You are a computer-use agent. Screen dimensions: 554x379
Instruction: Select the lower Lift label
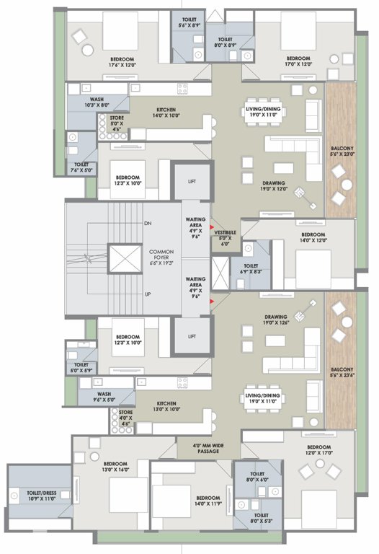192,336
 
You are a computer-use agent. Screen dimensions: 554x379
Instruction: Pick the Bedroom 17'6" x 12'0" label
106,61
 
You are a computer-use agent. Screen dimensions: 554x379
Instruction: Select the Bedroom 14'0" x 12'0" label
315,239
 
